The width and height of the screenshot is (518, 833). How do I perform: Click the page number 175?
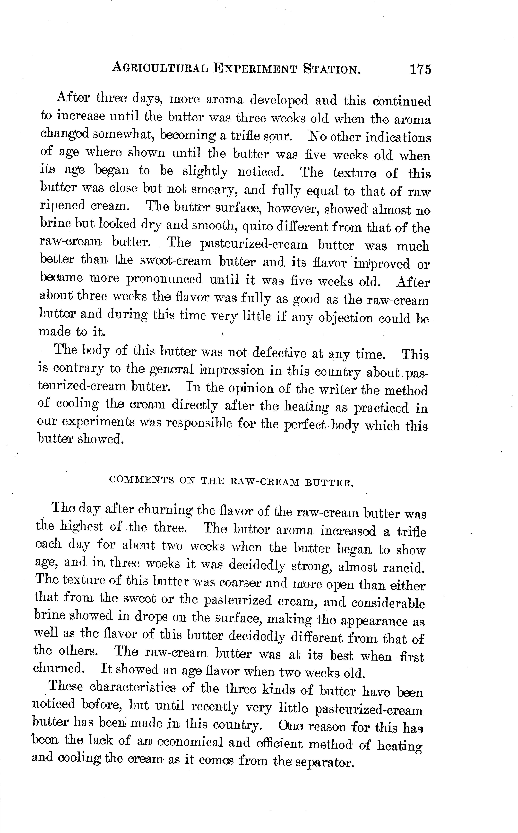coord(420,69)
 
